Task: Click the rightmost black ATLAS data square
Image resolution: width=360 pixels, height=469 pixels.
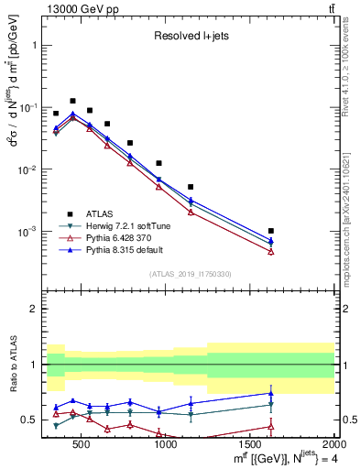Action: (x=271, y=231)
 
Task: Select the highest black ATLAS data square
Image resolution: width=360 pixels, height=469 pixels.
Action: (x=72, y=101)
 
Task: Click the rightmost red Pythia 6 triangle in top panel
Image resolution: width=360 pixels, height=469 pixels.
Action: (x=271, y=251)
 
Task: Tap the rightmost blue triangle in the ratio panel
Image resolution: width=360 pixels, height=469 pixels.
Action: (x=271, y=393)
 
